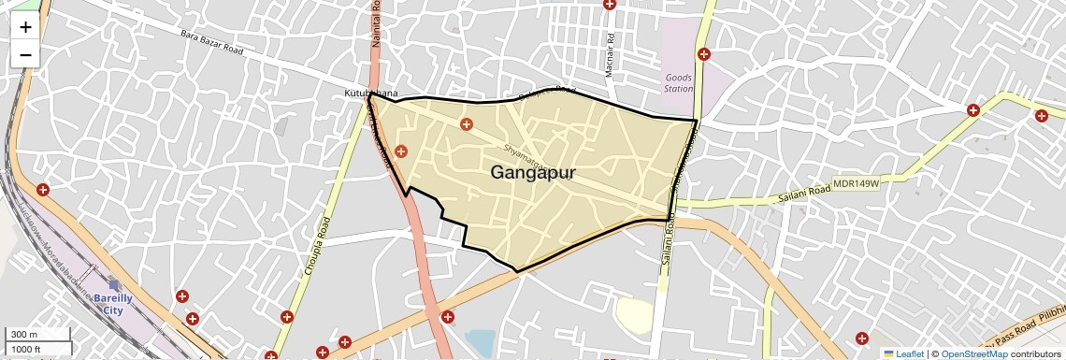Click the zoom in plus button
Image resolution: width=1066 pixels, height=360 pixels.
point(25,27)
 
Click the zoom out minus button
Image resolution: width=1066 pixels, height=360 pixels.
point(25,54)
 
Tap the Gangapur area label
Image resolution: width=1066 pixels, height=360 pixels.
point(532,173)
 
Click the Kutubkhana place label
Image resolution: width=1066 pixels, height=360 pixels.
point(370,94)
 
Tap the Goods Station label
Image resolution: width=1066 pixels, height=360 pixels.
point(679,83)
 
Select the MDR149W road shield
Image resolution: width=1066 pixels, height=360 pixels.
point(857,184)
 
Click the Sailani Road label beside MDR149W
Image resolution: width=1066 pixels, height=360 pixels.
point(804,194)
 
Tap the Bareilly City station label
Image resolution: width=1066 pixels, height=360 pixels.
point(113,304)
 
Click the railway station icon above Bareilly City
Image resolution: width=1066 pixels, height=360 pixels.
point(113,285)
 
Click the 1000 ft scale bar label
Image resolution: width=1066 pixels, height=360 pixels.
point(26,349)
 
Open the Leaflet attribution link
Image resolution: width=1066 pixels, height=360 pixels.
point(903,353)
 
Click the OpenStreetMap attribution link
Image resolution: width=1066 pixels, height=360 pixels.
point(973,353)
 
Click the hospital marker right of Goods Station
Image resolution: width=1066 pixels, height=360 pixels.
point(704,54)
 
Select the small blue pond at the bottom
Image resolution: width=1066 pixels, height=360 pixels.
point(479,342)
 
